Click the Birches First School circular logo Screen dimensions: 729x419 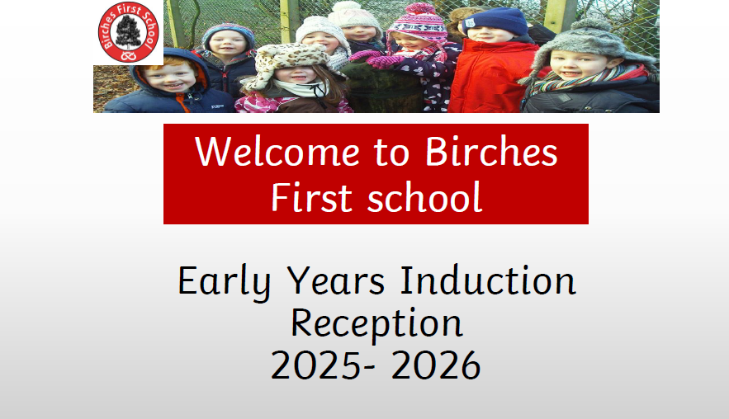128,32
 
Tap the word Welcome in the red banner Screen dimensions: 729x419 277,152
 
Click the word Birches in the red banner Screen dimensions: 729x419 491,152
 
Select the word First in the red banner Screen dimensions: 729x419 311,197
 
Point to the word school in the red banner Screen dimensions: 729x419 424,197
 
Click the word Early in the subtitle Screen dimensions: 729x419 224,282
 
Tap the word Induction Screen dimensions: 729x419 488,280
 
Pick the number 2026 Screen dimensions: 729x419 436,365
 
